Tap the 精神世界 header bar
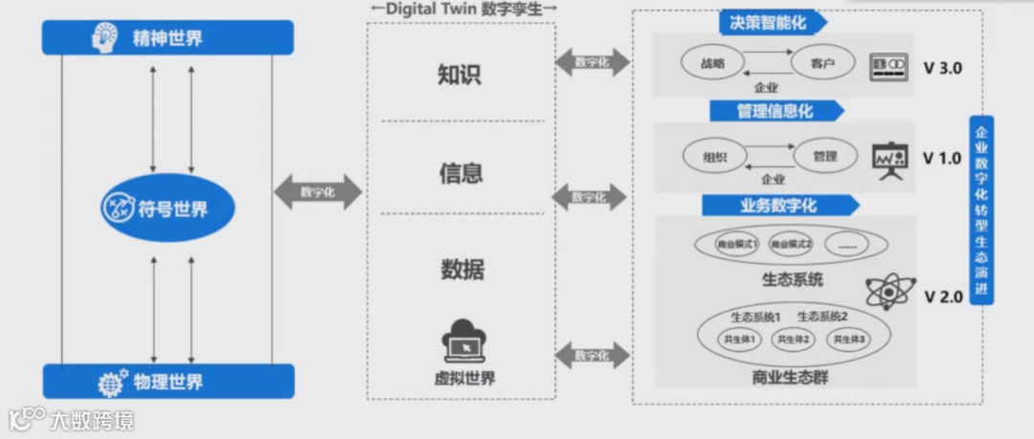pos(169,38)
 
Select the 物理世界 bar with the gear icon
pos(169,382)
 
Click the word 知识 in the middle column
pos(460,75)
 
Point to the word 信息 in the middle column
pos(461,173)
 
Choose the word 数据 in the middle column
pos(461,269)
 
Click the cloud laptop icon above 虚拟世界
pos(464,340)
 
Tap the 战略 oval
pos(713,64)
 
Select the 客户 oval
pos(823,64)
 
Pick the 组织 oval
pos(714,155)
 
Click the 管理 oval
pos(824,155)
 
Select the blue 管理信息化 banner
pos(776,111)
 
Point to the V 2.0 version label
pos(943,296)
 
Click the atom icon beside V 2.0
pos(890,293)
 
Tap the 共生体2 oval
pos(794,339)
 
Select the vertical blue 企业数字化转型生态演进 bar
pos(981,209)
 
